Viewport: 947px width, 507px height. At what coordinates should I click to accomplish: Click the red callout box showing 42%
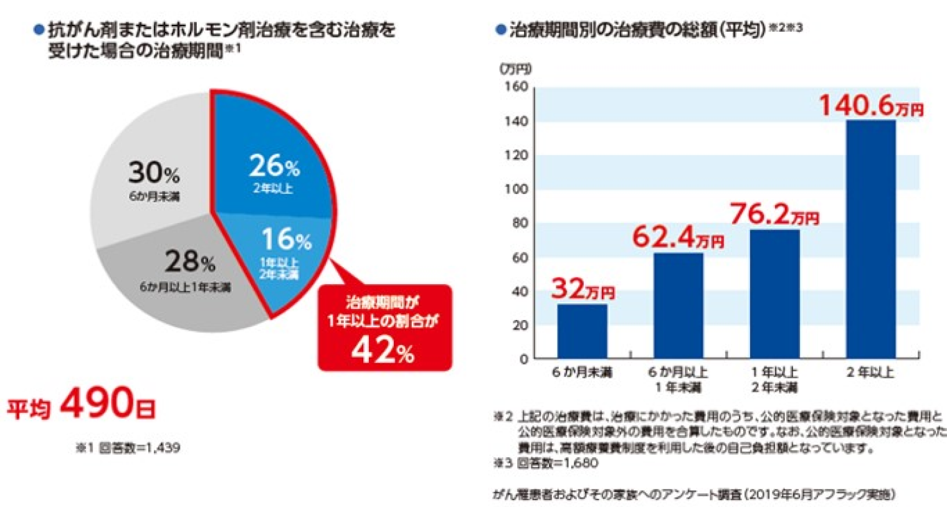tap(384, 328)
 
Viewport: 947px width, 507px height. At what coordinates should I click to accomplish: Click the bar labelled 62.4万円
tap(678, 305)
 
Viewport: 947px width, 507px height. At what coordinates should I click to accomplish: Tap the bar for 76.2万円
tap(774, 293)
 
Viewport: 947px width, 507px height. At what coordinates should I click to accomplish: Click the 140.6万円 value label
tap(870, 105)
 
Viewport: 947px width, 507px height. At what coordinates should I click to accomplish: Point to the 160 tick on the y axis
tap(516, 87)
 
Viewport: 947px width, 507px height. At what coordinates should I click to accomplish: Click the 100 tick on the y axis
tap(516, 189)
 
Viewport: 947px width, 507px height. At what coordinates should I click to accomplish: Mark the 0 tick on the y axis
tap(523, 359)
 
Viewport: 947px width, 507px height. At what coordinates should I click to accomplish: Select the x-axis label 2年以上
tap(870, 372)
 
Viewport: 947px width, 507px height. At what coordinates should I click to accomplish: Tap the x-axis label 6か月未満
tap(582, 372)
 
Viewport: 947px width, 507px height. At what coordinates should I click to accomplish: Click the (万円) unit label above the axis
tap(515, 69)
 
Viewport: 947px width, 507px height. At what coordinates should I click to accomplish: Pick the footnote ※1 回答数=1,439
tap(128, 447)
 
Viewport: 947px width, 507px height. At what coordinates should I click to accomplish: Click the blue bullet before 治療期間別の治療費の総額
tap(500, 29)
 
